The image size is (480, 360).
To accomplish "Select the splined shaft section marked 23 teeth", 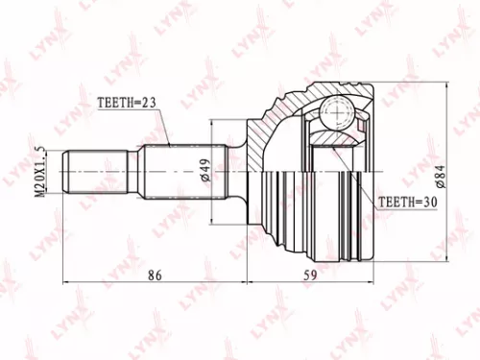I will [182, 172].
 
